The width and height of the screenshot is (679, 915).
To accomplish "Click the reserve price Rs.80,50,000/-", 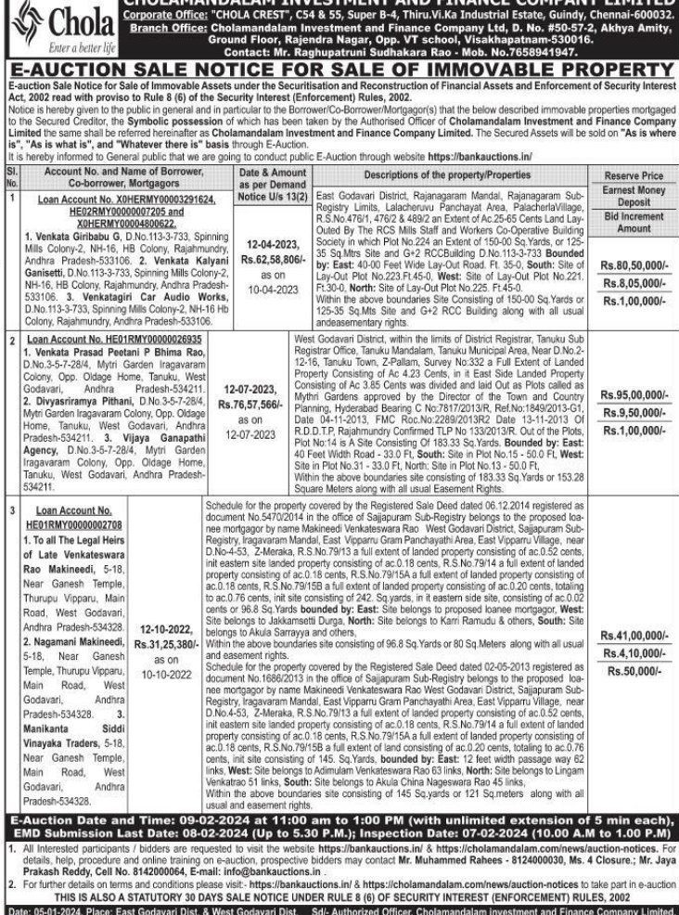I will [634, 264].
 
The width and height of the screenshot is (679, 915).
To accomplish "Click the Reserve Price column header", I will [634, 174].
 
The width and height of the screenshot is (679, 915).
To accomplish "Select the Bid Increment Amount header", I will [634, 222].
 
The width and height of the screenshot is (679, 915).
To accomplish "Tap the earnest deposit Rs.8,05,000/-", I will [634, 282].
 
